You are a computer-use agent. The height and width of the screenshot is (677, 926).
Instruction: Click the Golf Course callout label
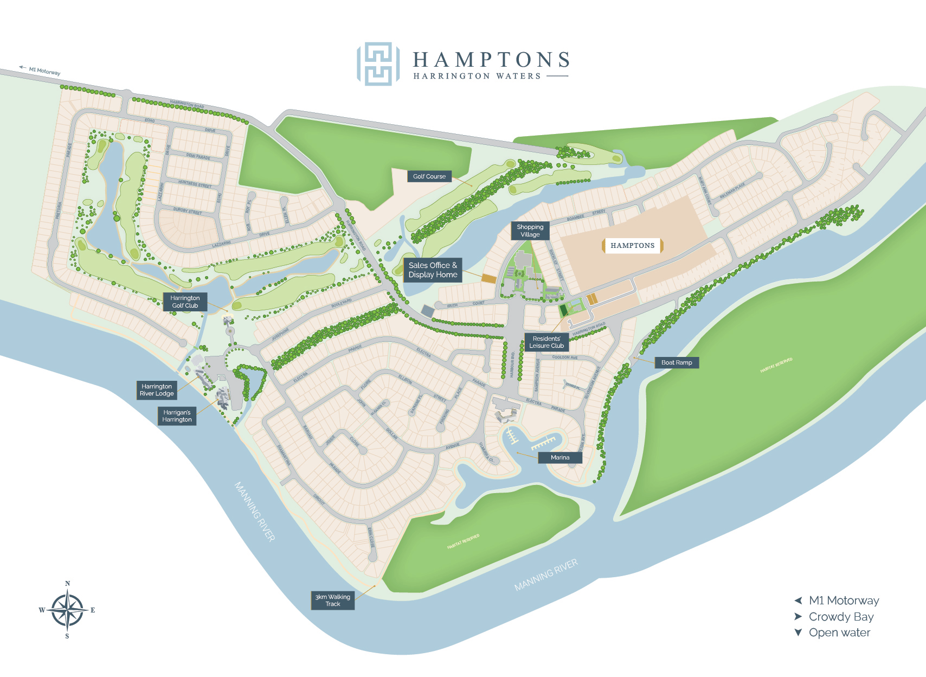429,176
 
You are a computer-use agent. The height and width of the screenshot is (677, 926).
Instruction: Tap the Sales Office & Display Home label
433,270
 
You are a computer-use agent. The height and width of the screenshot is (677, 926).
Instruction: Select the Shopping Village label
530,231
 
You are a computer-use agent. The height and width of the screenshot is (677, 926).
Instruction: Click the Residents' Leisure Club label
546,342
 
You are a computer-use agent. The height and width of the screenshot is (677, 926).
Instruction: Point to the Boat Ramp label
677,362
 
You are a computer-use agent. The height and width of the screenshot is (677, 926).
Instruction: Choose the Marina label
560,457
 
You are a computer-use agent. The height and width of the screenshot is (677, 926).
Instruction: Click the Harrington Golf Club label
185,302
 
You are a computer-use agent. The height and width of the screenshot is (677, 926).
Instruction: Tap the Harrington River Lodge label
157,390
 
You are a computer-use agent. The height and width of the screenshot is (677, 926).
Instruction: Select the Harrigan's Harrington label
177,416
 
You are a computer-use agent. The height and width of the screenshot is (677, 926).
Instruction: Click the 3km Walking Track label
332,601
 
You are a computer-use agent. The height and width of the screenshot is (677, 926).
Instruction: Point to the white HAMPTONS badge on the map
632,246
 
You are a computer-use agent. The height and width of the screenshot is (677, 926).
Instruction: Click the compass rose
67,610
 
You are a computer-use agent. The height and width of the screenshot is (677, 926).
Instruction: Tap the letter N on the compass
68,584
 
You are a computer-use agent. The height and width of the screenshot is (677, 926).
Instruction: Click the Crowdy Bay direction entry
840,617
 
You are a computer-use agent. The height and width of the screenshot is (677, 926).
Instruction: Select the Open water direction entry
839,633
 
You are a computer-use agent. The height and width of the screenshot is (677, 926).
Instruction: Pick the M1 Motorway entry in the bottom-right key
843,601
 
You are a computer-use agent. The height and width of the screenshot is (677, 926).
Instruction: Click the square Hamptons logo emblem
378,64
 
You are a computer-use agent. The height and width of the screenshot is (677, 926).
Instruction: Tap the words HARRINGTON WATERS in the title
477,76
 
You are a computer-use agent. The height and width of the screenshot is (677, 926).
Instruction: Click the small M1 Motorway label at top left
43,71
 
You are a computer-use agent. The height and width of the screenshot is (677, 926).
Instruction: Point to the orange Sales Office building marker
489,278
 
